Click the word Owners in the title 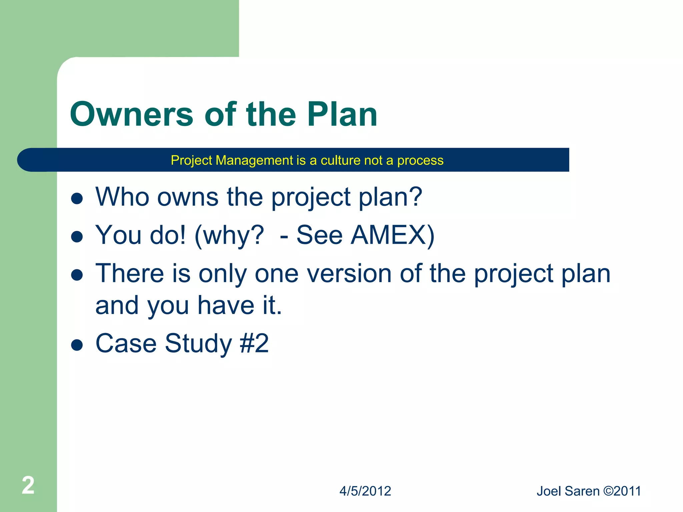pos(131,114)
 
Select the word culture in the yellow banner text pos(340,160)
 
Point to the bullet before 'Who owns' pos(77,199)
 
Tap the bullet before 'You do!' pos(77,237)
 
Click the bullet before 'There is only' pos(77,275)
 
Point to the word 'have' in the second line pos(226,305)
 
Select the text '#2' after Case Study pos(254,343)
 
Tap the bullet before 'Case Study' pos(77,345)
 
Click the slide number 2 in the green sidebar pos(28,485)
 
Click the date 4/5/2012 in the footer pos(365,491)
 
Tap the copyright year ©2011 pos(622,491)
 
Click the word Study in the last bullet pos(198,343)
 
